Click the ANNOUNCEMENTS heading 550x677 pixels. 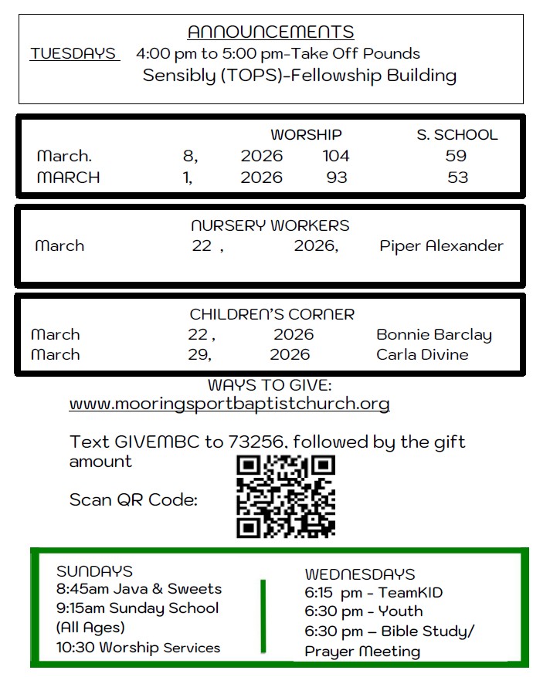[270, 32]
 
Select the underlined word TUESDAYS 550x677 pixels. [74, 54]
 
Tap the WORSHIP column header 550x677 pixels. [306, 135]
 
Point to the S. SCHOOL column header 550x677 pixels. [457, 135]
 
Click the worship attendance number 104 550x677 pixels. [336, 156]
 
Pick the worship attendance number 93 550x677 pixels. [337, 178]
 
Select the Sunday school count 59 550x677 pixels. [457, 156]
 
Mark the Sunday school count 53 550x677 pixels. [457, 178]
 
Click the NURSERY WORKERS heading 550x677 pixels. [270, 226]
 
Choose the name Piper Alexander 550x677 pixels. [441, 246]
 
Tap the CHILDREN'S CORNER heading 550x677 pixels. [272, 315]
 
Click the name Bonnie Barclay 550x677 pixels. [434, 335]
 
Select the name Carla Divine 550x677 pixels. [422, 355]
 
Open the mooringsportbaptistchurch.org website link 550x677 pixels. [229, 404]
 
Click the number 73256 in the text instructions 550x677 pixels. [258, 442]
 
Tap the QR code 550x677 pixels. [286, 496]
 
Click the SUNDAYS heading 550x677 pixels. [94, 572]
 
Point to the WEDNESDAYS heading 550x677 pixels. [360, 574]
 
